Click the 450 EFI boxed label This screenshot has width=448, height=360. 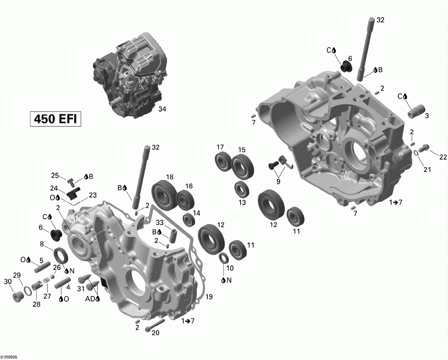(x=56, y=119)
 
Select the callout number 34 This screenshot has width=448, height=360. (x=162, y=109)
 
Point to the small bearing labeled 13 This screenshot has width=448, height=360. (x=241, y=189)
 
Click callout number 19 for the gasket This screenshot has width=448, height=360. (x=209, y=297)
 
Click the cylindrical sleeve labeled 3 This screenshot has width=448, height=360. (x=416, y=111)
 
